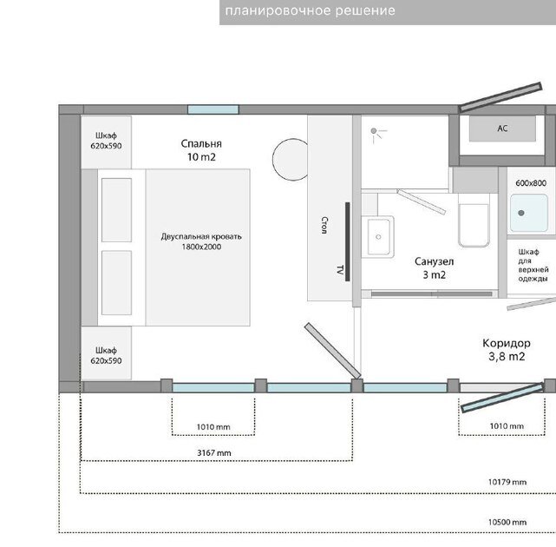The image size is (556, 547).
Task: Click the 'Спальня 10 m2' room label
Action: point(201,150)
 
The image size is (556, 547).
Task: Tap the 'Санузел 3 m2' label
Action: point(434,268)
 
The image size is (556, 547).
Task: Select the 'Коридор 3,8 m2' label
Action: point(507,350)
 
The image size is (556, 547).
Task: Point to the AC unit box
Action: point(502,129)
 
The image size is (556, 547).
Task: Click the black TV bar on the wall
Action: point(348,241)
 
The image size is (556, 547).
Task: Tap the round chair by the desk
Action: point(291,160)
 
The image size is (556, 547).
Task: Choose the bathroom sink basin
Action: point(378,237)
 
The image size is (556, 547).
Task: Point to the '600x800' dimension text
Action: point(531,183)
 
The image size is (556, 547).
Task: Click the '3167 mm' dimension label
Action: point(214,453)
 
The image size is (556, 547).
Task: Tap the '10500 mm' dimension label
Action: point(507,522)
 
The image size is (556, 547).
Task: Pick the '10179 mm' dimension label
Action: point(507,482)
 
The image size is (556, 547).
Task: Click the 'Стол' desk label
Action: point(324,225)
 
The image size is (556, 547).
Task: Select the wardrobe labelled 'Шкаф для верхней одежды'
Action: point(531,267)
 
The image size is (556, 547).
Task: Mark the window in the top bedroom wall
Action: point(213,109)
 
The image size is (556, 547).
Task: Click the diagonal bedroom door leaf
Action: point(332,351)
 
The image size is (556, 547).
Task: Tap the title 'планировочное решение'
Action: point(310,10)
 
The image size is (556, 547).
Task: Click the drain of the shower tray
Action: point(521,213)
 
